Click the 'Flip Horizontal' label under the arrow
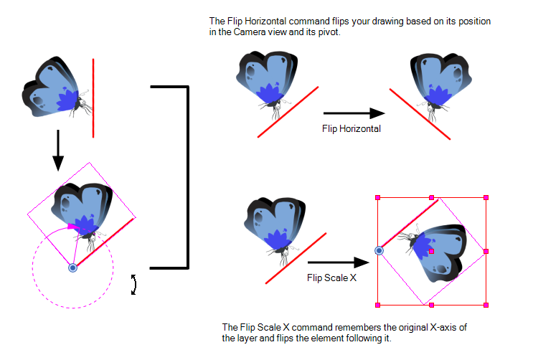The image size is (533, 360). (x=352, y=128)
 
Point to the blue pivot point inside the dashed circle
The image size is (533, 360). (x=72, y=267)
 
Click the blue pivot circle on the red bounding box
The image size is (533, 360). (x=379, y=250)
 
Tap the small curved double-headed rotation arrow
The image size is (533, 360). (x=133, y=284)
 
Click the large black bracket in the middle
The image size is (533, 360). (x=187, y=176)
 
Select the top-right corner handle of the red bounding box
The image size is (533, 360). (x=486, y=196)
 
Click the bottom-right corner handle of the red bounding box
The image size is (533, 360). (x=486, y=305)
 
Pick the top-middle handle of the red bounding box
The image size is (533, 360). (x=432, y=196)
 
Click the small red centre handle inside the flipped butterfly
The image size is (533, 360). (x=431, y=252)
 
